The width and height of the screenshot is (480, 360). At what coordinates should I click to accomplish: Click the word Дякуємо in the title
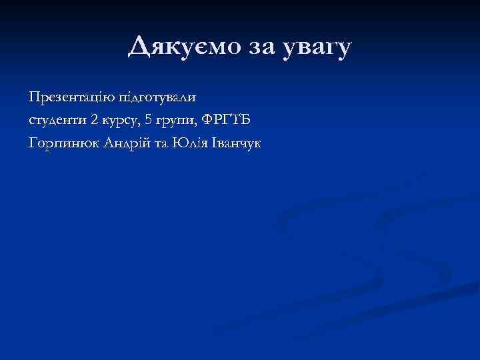point(175,47)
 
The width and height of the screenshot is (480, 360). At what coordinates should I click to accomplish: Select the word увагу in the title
point(315,49)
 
